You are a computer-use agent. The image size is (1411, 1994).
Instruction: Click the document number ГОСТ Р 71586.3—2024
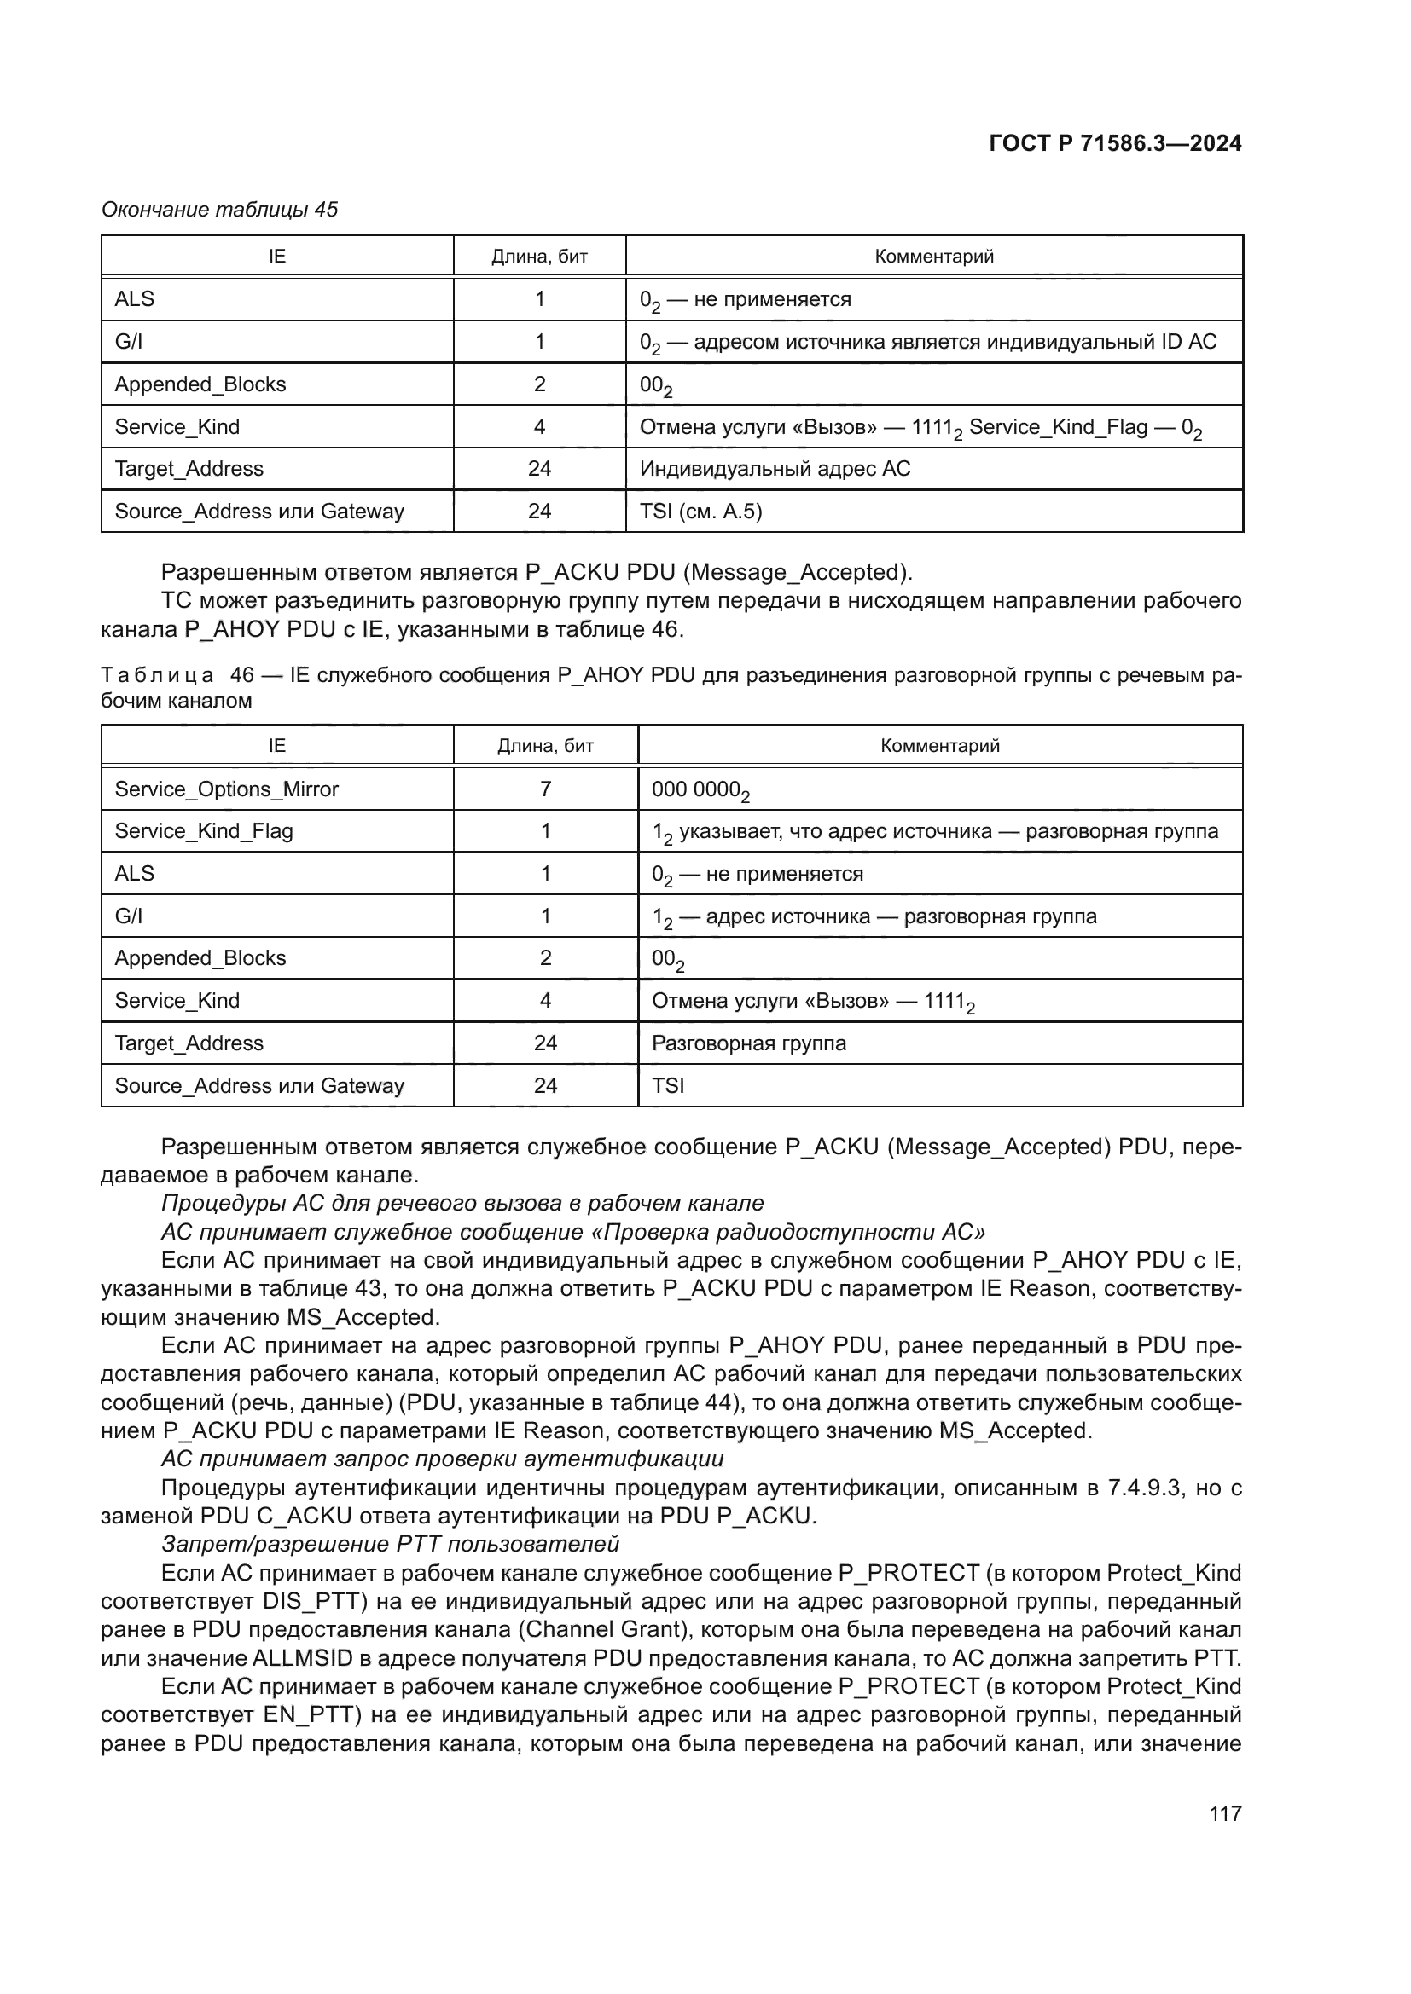point(1115,144)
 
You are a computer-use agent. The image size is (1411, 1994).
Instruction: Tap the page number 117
point(1224,1813)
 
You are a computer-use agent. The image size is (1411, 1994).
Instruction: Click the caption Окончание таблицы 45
point(220,210)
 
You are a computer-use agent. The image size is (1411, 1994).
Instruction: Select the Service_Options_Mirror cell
point(227,789)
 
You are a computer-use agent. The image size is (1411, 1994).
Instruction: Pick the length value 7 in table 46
point(545,789)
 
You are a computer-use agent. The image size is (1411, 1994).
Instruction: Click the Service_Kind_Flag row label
point(204,831)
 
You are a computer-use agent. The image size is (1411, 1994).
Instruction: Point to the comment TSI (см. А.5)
point(700,511)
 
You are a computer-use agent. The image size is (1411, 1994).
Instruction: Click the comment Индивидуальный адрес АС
point(775,469)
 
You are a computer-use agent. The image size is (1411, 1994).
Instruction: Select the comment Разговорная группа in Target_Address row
point(748,1043)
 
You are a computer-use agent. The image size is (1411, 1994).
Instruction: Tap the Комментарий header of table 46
point(939,746)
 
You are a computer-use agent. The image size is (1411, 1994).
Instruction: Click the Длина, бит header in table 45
point(539,257)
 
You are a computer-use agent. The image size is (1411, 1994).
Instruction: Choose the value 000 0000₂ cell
point(700,790)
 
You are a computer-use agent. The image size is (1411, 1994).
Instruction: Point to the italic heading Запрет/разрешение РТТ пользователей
point(390,1544)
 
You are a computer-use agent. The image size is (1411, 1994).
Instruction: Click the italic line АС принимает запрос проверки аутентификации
point(442,1458)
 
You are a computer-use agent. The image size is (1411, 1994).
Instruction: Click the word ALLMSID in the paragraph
point(302,1658)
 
